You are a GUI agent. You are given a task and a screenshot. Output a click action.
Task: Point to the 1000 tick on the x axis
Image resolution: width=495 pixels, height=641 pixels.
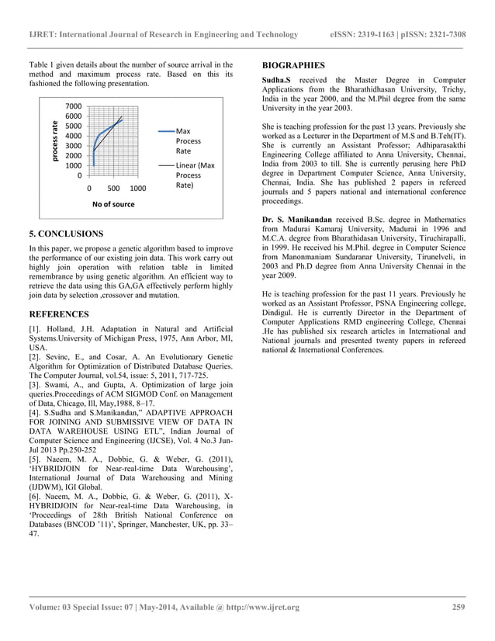(x=137, y=189)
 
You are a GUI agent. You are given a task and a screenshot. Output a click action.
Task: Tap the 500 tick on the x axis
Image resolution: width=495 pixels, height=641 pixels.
(x=112, y=189)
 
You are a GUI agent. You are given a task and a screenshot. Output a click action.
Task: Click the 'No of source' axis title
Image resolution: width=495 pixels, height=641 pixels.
(x=112, y=205)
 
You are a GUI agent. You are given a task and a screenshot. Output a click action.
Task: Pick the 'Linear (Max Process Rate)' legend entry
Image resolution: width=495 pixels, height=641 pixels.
(x=193, y=176)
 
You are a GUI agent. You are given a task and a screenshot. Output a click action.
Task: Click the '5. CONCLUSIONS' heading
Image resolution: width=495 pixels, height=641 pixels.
(x=66, y=234)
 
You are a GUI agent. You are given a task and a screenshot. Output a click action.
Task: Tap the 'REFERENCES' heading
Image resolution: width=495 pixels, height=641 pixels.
(x=62, y=314)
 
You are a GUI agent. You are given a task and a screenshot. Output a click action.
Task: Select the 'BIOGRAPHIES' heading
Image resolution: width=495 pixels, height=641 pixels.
(x=293, y=65)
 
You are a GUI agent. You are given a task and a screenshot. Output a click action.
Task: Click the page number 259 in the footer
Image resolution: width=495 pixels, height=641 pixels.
(x=459, y=607)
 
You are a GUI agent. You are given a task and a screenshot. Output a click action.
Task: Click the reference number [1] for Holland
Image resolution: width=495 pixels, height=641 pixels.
(x=35, y=331)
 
